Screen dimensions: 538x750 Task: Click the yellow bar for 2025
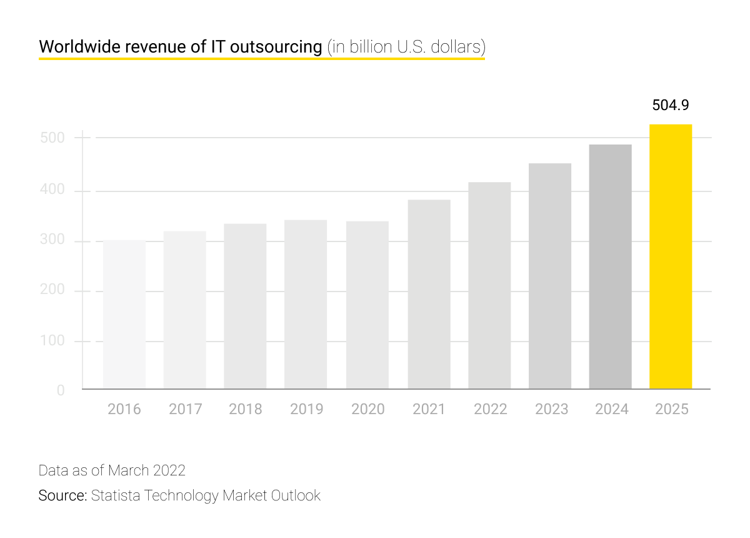[671, 256]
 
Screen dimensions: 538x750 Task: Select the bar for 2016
[124, 315]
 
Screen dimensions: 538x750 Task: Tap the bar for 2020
[367, 305]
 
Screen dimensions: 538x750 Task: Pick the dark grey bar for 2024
[610, 267]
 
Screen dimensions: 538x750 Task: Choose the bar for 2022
[489, 286]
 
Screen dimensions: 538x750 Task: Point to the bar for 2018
[245, 307]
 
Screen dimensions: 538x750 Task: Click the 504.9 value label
[671, 105]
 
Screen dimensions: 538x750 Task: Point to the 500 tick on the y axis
[52, 138]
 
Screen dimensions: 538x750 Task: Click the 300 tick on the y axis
[52, 241]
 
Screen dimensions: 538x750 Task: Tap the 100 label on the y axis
[52, 342]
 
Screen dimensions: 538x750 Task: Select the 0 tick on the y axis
[61, 390]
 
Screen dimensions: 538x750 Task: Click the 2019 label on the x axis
[306, 409]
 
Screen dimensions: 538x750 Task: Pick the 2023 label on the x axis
[551, 409]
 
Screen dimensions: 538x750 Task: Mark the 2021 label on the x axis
[429, 409]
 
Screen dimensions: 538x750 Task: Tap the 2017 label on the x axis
[185, 409]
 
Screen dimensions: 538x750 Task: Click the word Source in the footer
[62, 495]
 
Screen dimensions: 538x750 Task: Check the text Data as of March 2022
[112, 470]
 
